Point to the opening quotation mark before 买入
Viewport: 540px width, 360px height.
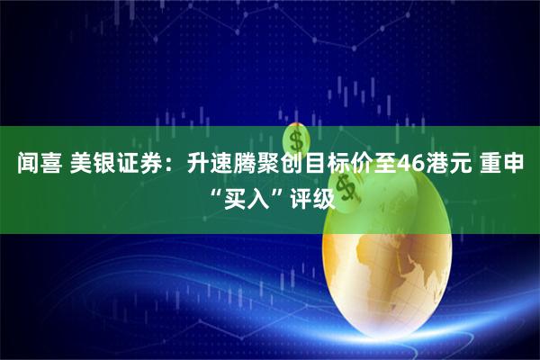[x=216, y=192]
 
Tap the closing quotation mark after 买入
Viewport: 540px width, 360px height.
[x=276, y=192]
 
